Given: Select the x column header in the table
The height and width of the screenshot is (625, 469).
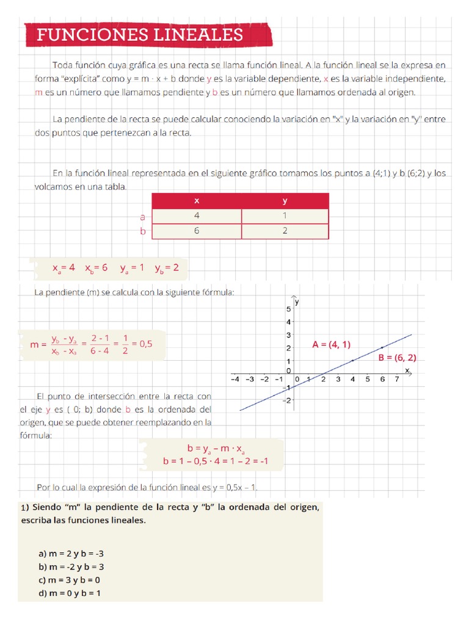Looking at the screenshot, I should [x=196, y=201].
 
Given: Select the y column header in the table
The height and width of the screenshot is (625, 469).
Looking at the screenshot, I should [x=285, y=201].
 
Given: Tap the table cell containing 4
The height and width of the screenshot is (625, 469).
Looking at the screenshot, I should [x=196, y=216].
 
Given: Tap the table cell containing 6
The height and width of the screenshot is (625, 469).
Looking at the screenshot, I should [x=196, y=231].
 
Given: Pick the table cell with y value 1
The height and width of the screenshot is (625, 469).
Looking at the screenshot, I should [x=285, y=216].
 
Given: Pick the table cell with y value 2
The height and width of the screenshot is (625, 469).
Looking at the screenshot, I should [x=285, y=231].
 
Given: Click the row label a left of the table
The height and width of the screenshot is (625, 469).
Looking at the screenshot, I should [x=142, y=217].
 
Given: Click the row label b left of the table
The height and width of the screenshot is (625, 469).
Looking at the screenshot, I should [x=143, y=232].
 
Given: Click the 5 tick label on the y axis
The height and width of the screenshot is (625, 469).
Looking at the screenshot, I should [x=288, y=309].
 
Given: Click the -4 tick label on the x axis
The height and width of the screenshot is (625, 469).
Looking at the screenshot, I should [x=234, y=379].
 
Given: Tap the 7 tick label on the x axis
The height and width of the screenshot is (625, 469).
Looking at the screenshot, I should [x=397, y=379].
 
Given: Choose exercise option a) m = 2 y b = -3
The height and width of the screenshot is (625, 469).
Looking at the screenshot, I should [x=71, y=554].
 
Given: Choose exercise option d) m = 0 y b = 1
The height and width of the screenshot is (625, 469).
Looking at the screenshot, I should [x=70, y=593].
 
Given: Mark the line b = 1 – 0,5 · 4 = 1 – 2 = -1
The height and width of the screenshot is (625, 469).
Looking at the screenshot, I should [x=216, y=461].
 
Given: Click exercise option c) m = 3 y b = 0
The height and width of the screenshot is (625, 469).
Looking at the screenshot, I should [x=69, y=580].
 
